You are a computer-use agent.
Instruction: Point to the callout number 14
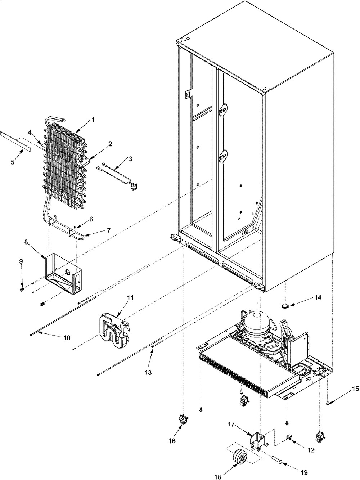[307, 297]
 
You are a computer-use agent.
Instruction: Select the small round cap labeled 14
[286, 306]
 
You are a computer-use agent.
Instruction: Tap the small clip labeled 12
[289, 438]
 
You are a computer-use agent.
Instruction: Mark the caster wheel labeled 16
[183, 420]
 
